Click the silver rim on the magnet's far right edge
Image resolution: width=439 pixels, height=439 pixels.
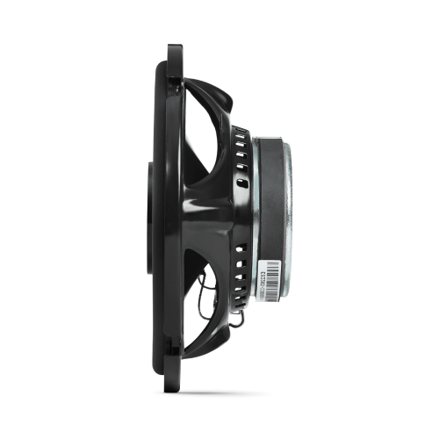pyautogui.click(x=290, y=211)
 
